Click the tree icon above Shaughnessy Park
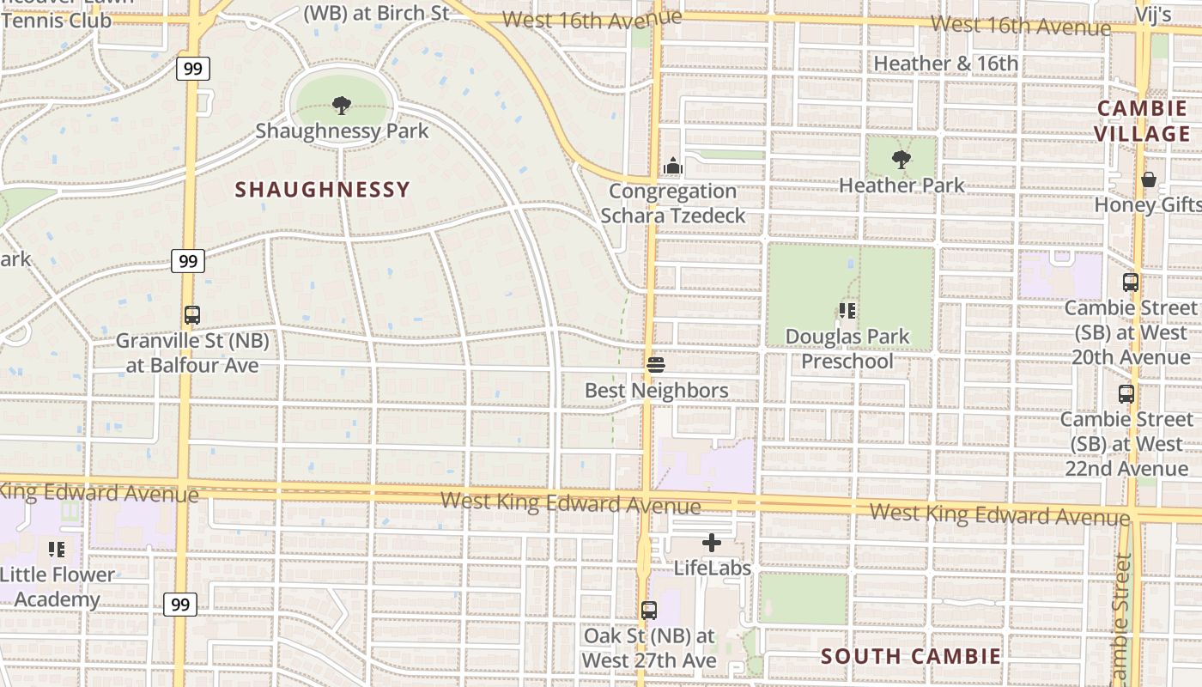(342, 106)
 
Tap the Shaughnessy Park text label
(342, 131)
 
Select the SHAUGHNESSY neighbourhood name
(323, 190)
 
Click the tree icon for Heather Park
(901, 160)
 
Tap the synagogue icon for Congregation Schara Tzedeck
(673, 166)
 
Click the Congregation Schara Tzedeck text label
(673, 204)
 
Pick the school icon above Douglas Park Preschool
(848, 311)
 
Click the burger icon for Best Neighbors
(656, 366)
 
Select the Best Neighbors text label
(656, 391)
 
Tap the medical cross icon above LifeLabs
(712, 543)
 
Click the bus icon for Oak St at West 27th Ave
(649, 611)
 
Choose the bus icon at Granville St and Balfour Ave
(192, 315)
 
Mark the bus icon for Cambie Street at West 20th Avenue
(1131, 283)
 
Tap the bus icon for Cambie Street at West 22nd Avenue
(1126, 394)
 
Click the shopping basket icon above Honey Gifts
(1149, 179)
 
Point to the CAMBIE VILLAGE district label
(1142, 121)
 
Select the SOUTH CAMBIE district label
(911, 657)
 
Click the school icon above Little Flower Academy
(57, 549)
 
